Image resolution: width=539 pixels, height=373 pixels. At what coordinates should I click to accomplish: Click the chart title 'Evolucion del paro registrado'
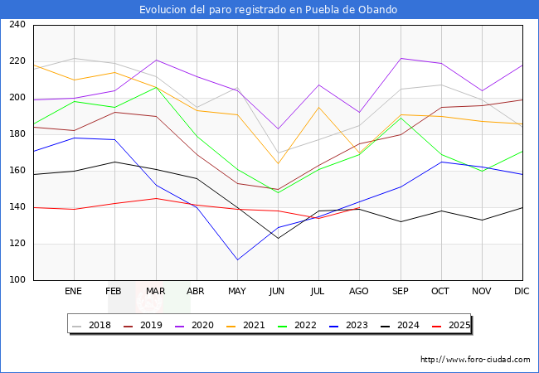[x=269, y=10]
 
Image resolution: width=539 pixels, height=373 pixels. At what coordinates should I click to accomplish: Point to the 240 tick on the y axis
[x=17, y=25]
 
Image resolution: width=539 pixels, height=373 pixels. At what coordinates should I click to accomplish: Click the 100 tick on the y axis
[x=17, y=280]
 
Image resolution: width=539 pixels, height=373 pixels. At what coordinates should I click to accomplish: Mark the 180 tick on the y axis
[x=17, y=134]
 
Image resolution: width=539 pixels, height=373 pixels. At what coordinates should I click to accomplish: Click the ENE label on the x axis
[x=74, y=292]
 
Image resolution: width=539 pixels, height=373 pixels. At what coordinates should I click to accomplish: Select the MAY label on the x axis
[x=237, y=292]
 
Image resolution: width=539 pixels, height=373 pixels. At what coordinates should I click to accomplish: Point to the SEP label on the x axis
[x=401, y=292]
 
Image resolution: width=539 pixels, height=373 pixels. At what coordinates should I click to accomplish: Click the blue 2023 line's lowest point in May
[x=237, y=259]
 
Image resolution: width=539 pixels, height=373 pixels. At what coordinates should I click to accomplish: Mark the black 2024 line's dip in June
[x=278, y=238]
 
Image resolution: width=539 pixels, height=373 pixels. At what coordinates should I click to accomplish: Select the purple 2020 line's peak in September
[x=401, y=58]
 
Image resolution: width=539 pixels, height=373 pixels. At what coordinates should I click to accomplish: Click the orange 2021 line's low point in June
[x=278, y=163]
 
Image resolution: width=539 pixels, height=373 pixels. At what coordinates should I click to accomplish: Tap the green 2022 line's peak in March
[x=155, y=87]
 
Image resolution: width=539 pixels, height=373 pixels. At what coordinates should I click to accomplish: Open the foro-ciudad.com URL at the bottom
[x=475, y=360]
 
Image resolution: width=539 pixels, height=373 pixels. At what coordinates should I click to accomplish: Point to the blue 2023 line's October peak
[x=441, y=162]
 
